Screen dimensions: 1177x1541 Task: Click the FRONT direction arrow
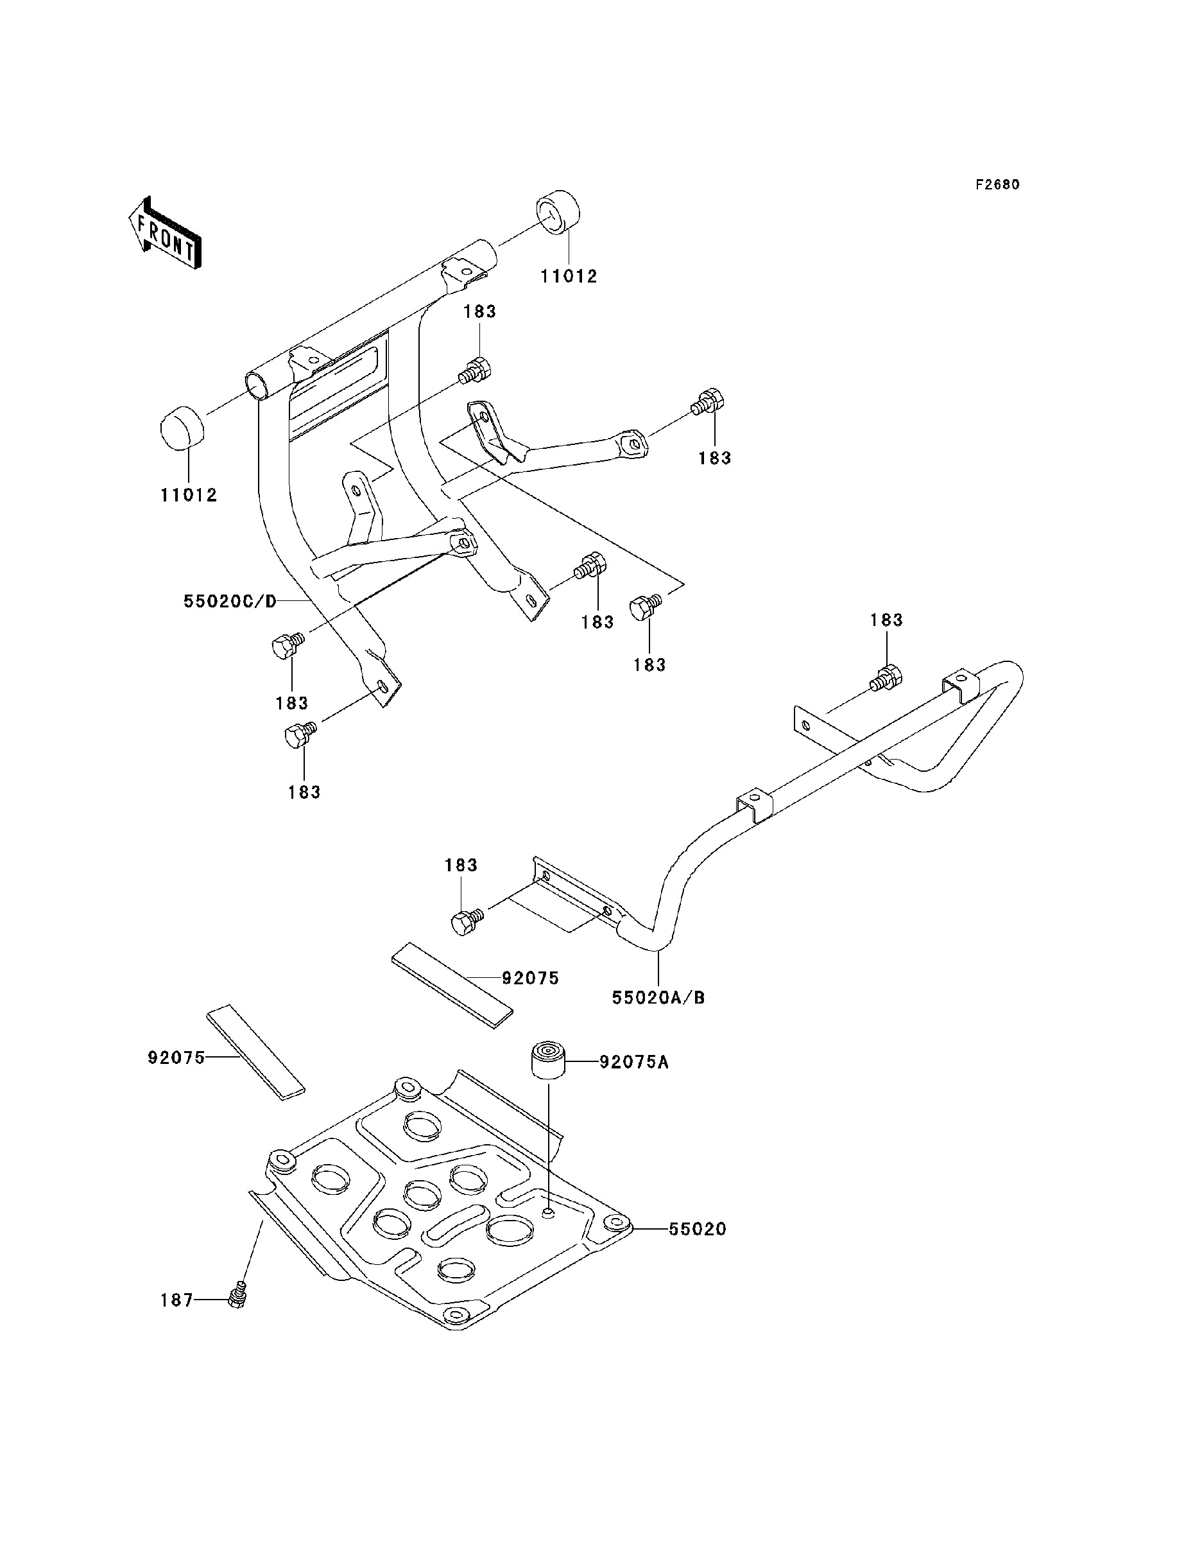(164, 232)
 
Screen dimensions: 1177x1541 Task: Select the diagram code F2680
(998, 184)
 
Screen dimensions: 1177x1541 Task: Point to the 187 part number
(176, 1300)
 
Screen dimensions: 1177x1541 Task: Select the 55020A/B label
(658, 997)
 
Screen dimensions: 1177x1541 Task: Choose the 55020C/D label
(230, 600)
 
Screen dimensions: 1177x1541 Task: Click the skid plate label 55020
(697, 1228)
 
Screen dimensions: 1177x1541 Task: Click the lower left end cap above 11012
(182, 428)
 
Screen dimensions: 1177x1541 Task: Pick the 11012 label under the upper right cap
(569, 276)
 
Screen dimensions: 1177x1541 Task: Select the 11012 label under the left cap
(189, 495)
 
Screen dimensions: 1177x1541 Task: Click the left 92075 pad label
(176, 1058)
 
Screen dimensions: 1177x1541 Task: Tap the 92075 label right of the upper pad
(530, 978)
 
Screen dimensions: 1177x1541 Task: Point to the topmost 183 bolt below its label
(474, 369)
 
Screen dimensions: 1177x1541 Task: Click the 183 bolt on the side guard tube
(886, 677)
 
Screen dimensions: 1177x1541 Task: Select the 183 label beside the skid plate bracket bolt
(461, 865)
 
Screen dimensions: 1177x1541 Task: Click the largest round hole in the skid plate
(511, 1230)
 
